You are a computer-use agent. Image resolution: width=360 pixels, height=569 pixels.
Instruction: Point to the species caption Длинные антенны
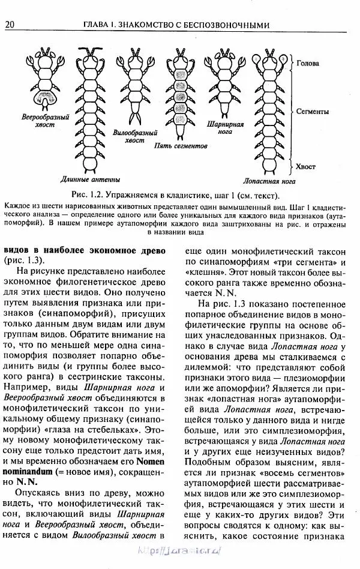click(x=91, y=179)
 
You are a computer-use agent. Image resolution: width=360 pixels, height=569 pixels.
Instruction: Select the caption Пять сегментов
click(x=181, y=146)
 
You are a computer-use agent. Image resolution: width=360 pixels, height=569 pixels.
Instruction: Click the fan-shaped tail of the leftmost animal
click(x=44, y=98)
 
